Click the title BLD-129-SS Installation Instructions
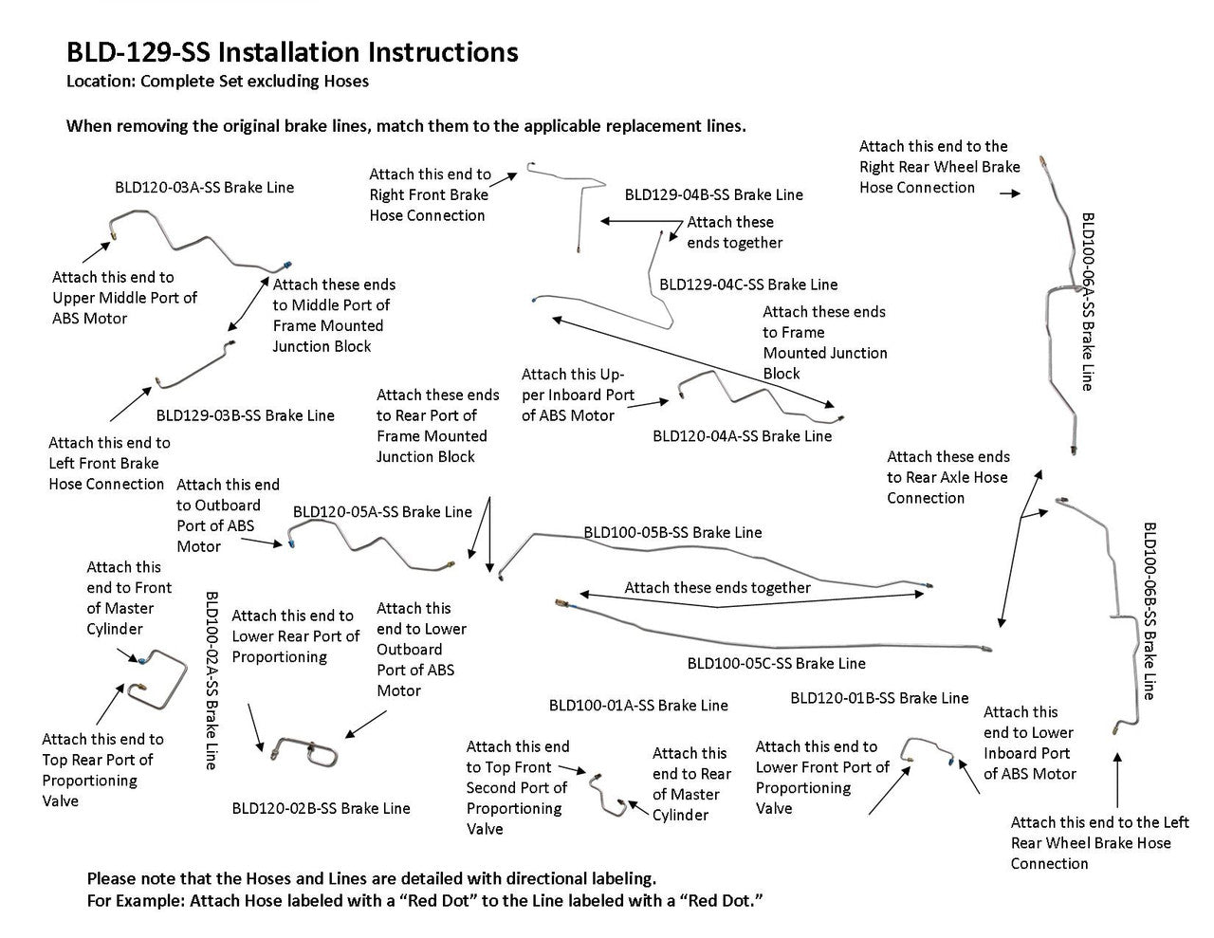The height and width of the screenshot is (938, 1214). [292, 51]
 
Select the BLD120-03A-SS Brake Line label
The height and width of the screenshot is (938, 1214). [204, 187]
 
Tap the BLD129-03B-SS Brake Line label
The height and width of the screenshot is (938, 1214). [245, 414]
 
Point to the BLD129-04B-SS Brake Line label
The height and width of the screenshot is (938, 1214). [713, 194]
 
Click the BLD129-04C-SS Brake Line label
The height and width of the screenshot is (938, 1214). [748, 284]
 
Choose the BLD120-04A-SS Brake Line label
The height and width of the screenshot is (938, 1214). [742, 436]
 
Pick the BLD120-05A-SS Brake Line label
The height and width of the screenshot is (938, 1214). [382, 512]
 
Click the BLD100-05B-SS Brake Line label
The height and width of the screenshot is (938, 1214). [672, 533]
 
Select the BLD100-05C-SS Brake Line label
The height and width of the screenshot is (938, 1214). [776, 663]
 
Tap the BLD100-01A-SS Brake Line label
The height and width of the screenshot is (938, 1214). [638, 705]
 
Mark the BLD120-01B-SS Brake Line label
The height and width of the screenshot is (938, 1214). [879, 698]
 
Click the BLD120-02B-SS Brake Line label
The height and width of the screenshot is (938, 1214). [321, 808]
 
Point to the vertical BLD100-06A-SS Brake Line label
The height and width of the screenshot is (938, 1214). [1087, 301]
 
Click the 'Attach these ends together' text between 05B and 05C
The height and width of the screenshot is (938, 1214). [717, 588]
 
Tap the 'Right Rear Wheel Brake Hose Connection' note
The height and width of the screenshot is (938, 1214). [939, 167]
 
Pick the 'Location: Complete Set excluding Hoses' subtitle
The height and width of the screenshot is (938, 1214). [217, 81]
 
